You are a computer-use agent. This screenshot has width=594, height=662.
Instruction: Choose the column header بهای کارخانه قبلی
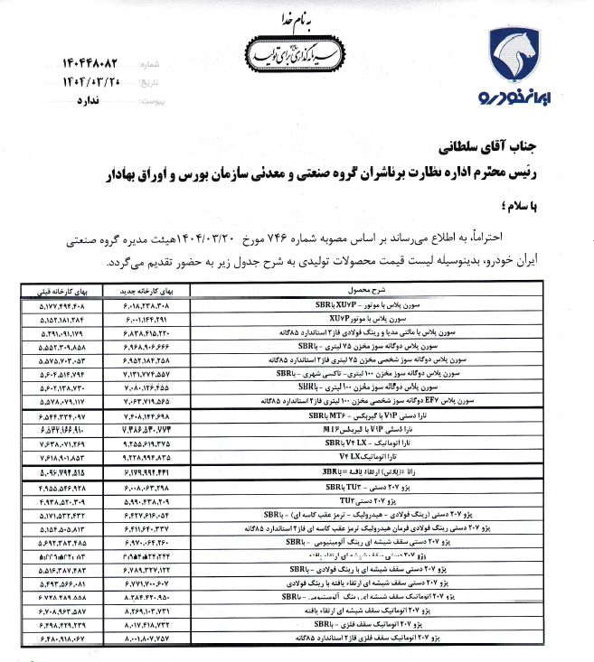pos(53,294)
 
